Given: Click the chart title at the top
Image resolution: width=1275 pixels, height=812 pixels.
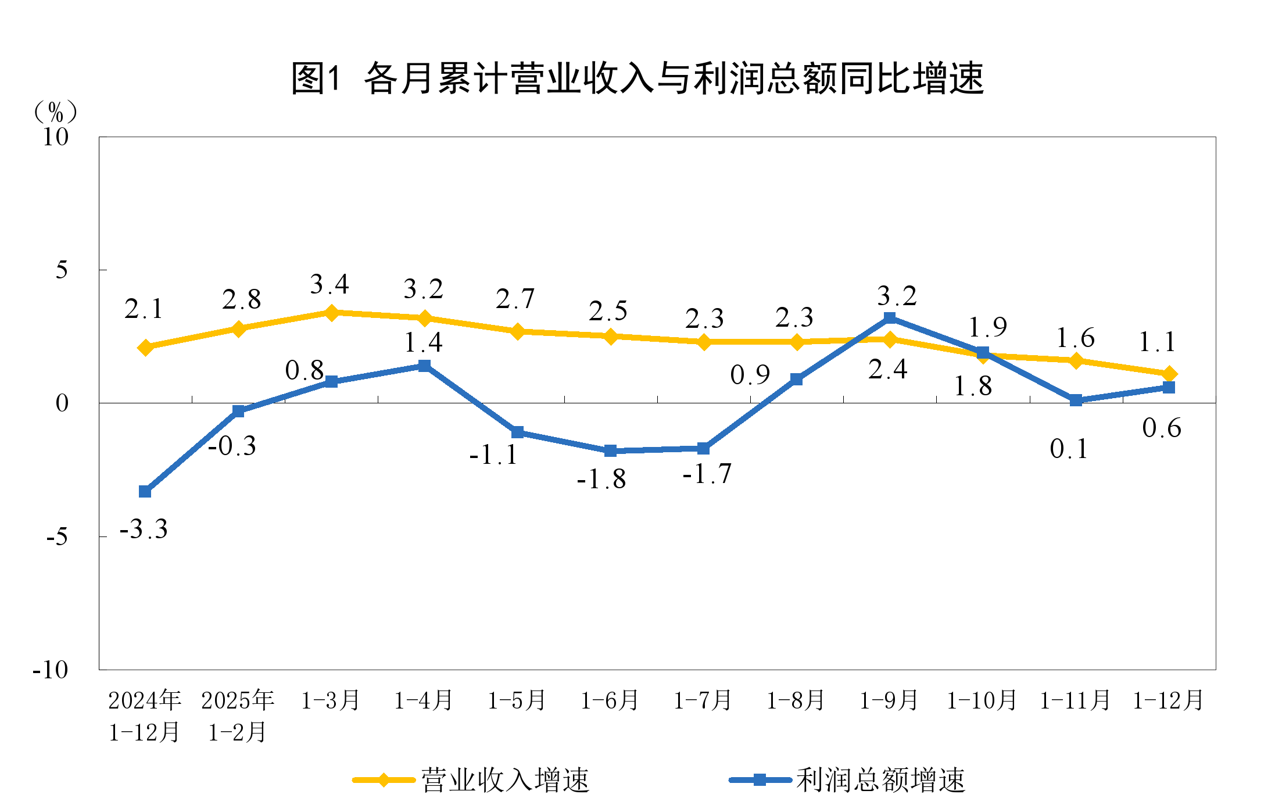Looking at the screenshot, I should pos(637,78).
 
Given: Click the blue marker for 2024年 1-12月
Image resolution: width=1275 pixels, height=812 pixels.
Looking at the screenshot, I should pos(145,492).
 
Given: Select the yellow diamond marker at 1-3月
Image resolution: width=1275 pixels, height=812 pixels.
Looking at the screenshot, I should pos(331,313).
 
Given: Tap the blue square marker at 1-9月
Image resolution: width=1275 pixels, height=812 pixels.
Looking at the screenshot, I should pos(890,318).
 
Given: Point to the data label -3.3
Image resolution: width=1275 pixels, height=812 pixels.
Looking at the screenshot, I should pos(144,530).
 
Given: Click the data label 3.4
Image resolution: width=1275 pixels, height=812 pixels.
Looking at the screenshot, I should pos(330,285).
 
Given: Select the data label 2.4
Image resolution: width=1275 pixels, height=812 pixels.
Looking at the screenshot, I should pos(887,370).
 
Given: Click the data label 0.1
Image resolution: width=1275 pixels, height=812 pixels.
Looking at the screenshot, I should pos(1069,449).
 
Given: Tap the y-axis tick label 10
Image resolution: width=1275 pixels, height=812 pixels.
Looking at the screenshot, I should pos(56,137).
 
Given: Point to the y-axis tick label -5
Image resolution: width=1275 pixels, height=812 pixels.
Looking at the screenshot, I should pos(57,536).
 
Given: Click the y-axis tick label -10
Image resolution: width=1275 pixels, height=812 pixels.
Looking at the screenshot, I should pos(51,670).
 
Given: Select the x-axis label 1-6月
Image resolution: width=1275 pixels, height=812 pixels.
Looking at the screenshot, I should pos(610,700).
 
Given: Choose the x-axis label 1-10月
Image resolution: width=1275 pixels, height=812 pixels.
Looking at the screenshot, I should pos(982,700).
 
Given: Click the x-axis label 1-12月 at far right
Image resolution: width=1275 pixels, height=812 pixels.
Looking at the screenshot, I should pos(1168,700).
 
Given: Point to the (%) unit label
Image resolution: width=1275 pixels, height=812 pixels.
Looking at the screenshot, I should pos(56,112).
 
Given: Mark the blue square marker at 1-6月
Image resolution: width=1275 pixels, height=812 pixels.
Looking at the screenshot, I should pos(610,450).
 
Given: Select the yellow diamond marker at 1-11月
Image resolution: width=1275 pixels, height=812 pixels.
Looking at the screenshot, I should pos(1076,360).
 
